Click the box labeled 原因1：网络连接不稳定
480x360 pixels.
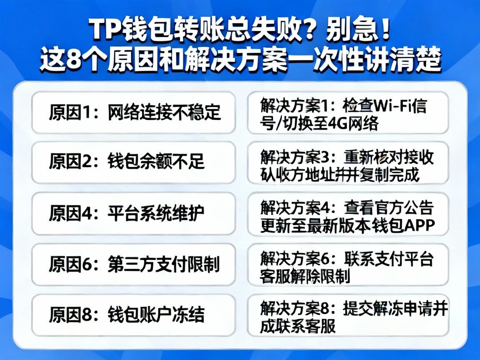(x=134, y=112)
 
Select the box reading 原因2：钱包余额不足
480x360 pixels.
(x=134, y=162)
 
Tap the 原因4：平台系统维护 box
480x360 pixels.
(x=134, y=213)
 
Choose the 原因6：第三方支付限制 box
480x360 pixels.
(x=134, y=265)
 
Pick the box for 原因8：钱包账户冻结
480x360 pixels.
(x=134, y=315)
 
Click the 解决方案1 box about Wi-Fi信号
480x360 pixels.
(x=348, y=112)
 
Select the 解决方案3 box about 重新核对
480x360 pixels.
(x=348, y=162)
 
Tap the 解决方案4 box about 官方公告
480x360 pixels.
(x=348, y=213)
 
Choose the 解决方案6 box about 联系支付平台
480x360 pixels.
(x=348, y=265)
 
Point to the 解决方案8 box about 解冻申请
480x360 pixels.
(x=348, y=315)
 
